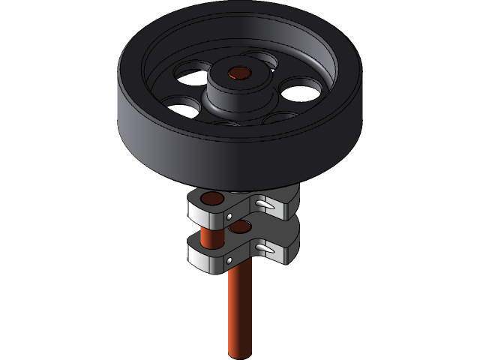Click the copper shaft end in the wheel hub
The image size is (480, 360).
239,73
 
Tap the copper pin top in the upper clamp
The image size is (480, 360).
212,199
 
